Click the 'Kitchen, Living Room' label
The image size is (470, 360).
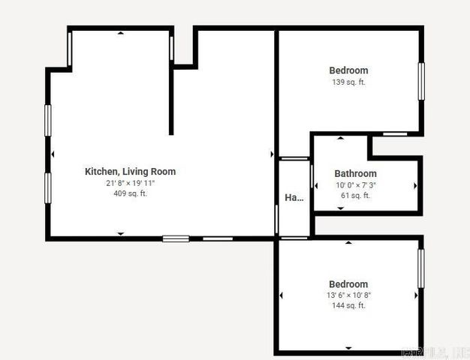point(130,172)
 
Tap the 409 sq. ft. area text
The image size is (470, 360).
point(130,193)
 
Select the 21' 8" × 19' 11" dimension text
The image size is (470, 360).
point(130,183)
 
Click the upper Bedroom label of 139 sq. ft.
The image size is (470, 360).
point(348,71)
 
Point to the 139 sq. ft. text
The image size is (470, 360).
point(348,82)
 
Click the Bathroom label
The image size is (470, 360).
point(355,174)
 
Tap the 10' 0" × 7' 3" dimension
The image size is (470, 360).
point(355,185)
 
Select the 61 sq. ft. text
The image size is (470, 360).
point(355,196)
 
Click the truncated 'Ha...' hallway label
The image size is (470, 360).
point(294,198)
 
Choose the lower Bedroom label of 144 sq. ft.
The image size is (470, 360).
point(348,284)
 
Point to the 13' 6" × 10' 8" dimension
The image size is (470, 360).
point(348,295)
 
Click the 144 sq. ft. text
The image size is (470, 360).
point(348,306)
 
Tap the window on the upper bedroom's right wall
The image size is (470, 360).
point(421,81)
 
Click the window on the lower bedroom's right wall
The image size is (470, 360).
point(421,268)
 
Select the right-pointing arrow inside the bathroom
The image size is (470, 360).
point(415,185)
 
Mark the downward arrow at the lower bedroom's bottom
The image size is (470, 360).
point(348,348)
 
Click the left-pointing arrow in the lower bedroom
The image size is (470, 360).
point(282,295)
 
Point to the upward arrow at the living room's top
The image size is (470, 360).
point(121,33)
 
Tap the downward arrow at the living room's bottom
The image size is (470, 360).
point(121,234)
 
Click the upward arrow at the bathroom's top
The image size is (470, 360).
point(341,139)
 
